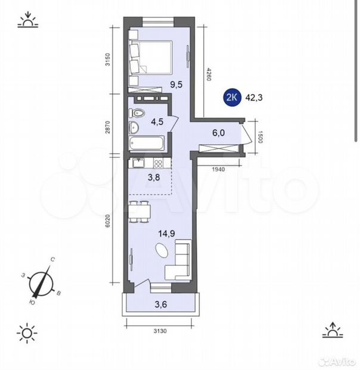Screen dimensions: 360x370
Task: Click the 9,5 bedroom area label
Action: coord(176,85)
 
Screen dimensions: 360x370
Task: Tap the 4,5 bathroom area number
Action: coord(157,122)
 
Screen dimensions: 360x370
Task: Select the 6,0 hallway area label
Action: coord(218,133)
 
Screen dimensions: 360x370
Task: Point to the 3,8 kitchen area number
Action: coord(154,177)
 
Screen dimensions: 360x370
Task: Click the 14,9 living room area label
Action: coord(166,234)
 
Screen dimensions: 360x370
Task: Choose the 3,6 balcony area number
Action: coord(161,304)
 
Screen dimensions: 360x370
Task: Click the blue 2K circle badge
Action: coord(232,97)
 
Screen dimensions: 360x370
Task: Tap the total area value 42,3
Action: coord(254,98)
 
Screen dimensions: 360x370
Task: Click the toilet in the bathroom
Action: coord(136,113)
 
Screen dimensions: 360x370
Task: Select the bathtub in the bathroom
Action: coord(147,143)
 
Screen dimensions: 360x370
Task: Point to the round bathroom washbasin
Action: coord(134,128)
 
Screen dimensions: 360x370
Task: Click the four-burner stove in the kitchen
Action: coord(158,163)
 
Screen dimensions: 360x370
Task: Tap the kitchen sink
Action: coord(138,163)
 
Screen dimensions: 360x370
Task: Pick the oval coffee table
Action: coord(162,251)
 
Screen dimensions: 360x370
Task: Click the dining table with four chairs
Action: coord(139,212)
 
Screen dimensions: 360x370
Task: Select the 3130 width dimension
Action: coord(160,331)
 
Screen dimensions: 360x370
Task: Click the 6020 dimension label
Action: coord(107,221)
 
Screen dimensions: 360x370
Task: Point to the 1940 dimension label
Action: coord(218,169)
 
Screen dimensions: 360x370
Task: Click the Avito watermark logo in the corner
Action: coord(337,361)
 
